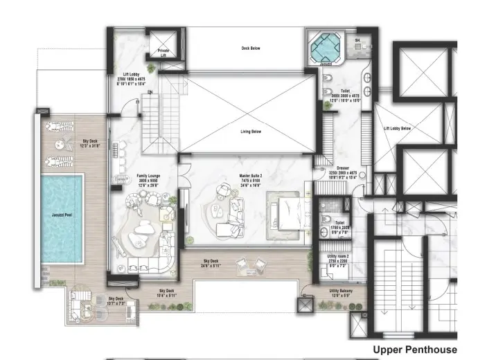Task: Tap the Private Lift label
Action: click(163, 52)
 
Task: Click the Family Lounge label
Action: click(150, 176)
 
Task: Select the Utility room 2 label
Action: click(339, 256)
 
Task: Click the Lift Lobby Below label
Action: click(398, 128)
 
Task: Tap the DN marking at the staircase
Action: click(149, 92)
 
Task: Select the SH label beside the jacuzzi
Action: click(357, 41)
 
